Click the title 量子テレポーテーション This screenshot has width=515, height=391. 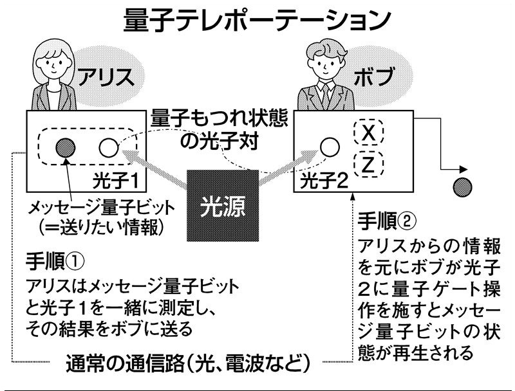click(257, 19)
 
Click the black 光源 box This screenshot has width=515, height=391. click(222, 207)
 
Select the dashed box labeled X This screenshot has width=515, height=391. click(368, 132)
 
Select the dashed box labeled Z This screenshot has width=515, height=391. click(368, 164)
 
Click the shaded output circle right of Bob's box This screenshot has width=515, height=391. click(463, 187)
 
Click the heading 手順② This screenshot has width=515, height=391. click(387, 221)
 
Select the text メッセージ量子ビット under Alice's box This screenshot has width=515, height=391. click(91, 210)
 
